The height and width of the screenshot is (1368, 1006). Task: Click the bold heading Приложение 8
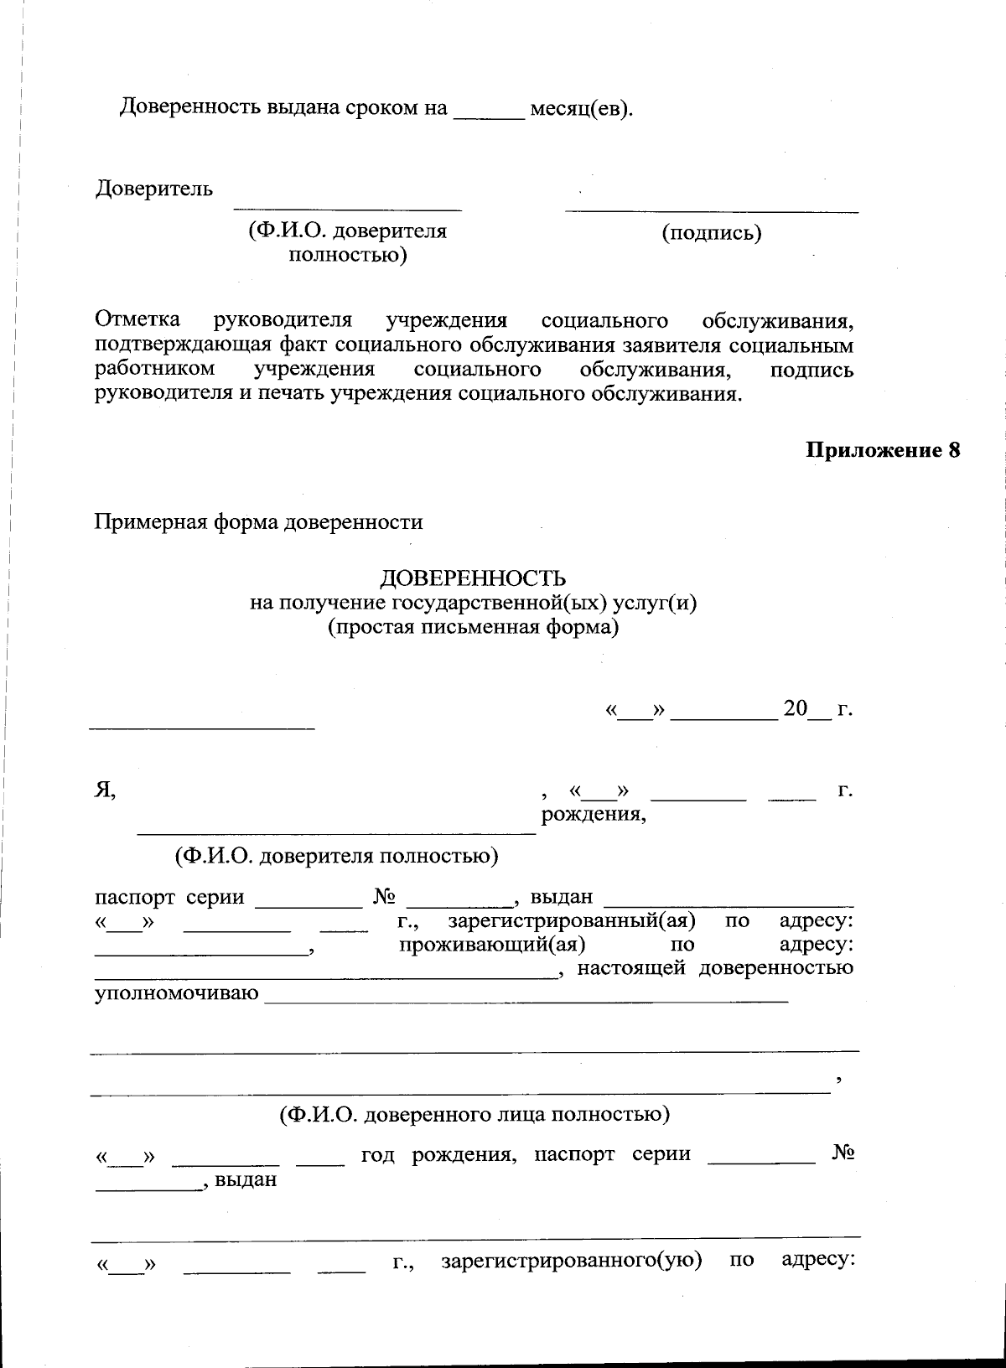click(x=883, y=450)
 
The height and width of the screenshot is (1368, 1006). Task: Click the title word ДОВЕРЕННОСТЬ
click(x=474, y=578)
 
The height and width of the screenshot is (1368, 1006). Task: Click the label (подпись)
click(x=712, y=233)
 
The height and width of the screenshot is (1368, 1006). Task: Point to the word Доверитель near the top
click(x=153, y=189)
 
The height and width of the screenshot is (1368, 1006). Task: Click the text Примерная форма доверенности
click(x=258, y=522)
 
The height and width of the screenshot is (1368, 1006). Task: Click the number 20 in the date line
click(x=794, y=709)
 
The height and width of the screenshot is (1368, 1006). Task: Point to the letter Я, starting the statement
click(x=104, y=790)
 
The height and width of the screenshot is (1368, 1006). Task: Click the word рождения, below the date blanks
click(x=594, y=814)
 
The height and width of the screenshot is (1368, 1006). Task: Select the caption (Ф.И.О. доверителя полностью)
click(x=336, y=856)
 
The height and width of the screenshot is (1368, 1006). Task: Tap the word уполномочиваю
click(x=176, y=994)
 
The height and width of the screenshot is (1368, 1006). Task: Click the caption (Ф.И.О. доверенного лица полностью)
click(x=474, y=1115)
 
